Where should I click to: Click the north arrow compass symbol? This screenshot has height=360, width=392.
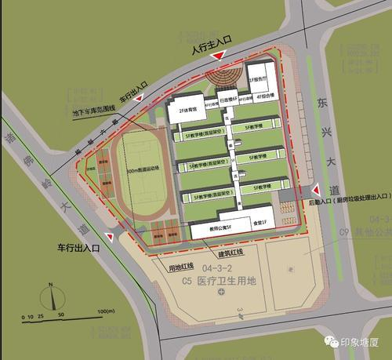click(x=53, y=298)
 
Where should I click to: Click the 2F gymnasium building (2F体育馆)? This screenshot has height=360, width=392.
click(x=186, y=111)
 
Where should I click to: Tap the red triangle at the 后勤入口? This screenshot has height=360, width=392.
click(x=314, y=191)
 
